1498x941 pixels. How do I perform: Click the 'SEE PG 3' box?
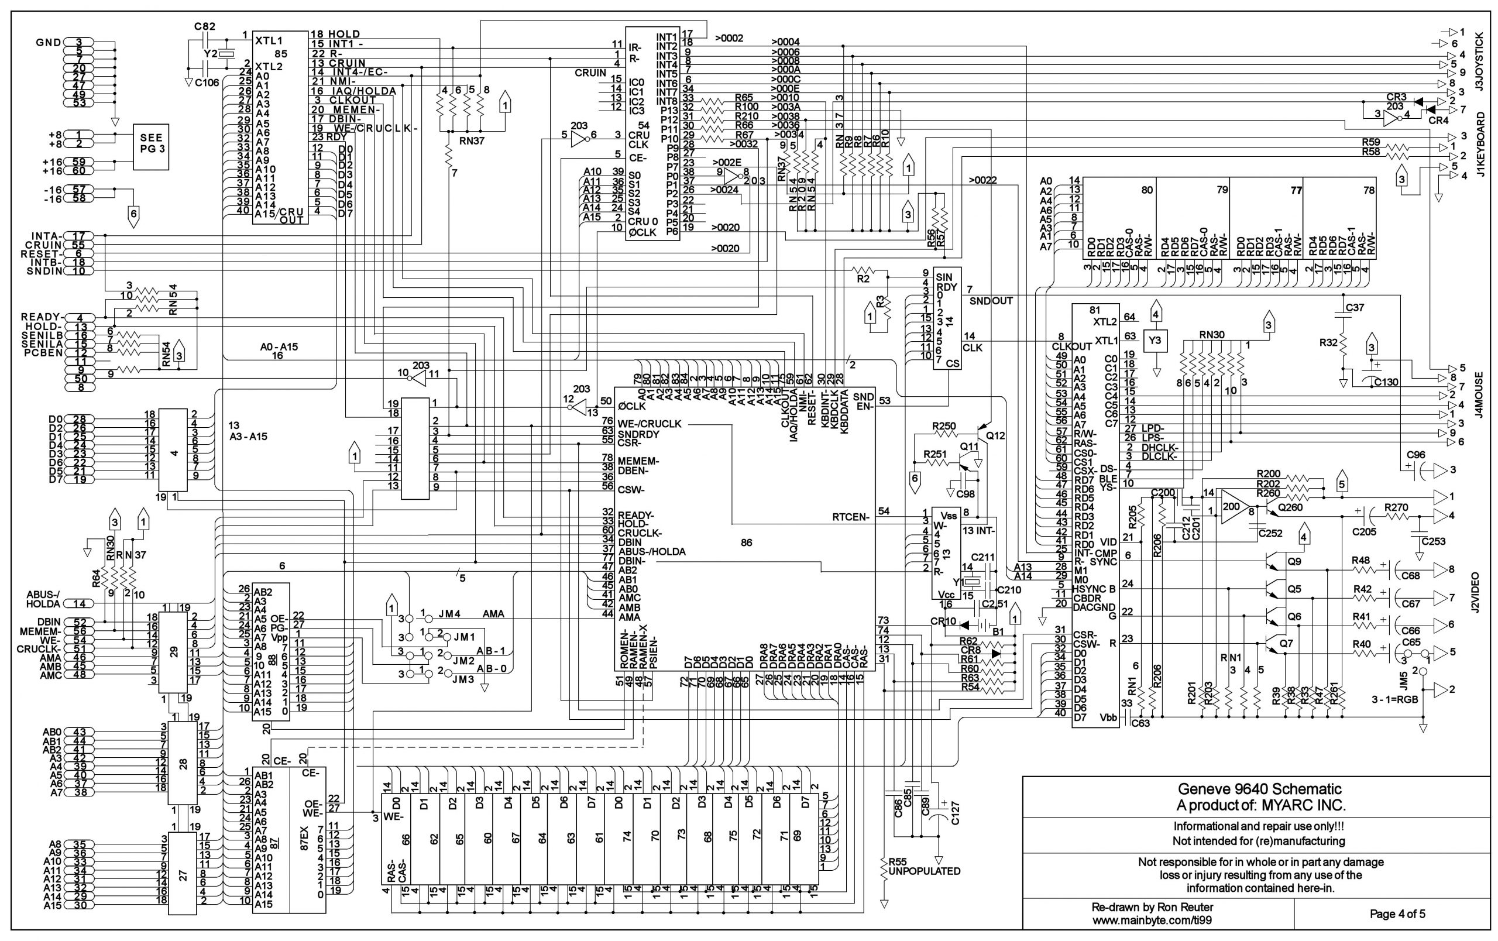[151, 147]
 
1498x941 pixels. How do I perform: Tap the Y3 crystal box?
[1155, 340]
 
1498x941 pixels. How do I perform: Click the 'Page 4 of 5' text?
[1397, 913]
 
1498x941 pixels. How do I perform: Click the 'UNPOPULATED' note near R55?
[925, 871]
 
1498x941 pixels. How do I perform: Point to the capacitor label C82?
[205, 26]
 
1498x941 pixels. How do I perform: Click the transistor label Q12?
[996, 435]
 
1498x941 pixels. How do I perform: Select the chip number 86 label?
[747, 542]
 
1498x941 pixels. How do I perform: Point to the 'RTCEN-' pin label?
[850, 517]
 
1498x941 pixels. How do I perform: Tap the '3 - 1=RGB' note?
[1394, 699]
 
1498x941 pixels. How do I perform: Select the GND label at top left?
[48, 42]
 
